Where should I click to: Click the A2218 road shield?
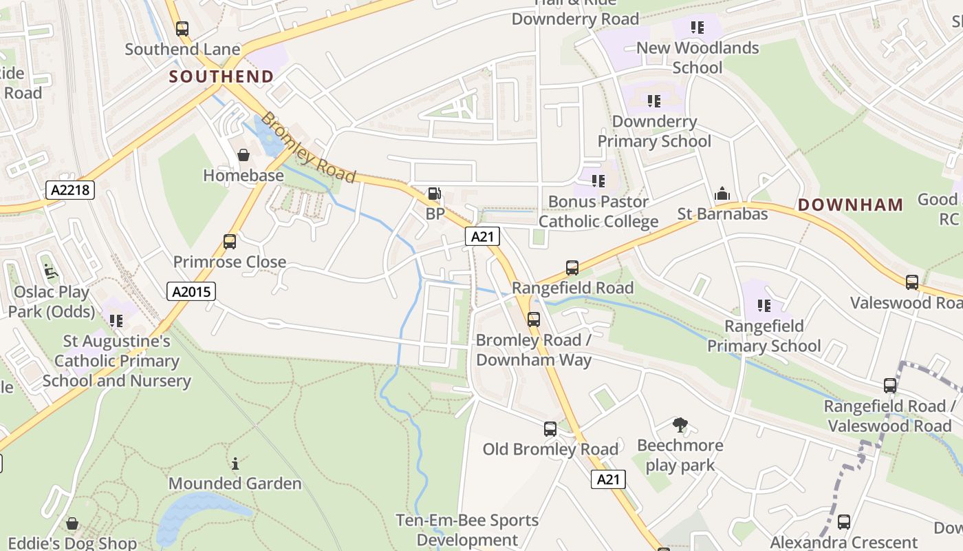click(x=70, y=189)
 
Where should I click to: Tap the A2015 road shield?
click(x=191, y=291)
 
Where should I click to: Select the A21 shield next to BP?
click(x=482, y=237)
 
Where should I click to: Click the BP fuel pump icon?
click(x=434, y=195)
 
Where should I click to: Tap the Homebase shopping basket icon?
click(x=244, y=155)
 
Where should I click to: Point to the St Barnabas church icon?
click(x=722, y=194)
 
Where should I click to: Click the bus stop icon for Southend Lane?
click(x=182, y=29)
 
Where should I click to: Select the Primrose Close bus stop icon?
click(x=230, y=242)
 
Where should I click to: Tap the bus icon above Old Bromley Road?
click(x=550, y=429)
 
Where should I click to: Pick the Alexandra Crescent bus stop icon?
click(x=844, y=522)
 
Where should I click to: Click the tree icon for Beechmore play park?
click(x=680, y=425)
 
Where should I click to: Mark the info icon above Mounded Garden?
click(x=235, y=464)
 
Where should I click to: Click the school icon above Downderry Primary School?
click(x=654, y=101)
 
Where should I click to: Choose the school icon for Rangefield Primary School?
click(x=764, y=305)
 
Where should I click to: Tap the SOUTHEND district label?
click(x=221, y=76)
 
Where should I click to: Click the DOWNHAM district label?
click(x=851, y=205)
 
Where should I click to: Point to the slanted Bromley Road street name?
click(x=309, y=148)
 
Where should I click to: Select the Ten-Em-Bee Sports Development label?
click(x=468, y=530)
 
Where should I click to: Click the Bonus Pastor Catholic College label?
click(x=598, y=211)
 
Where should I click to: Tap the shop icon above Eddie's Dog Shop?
click(x=72, y=524)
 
